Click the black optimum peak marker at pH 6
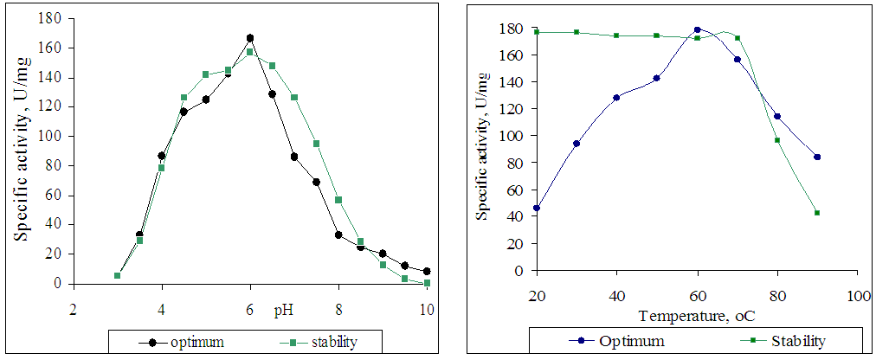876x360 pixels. (250, 38)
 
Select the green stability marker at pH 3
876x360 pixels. (117, 275)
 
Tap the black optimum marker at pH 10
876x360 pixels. (427, 271)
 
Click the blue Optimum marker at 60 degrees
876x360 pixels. (697, 29)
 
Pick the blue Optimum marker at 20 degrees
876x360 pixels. (537, 208)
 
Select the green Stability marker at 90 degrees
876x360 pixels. (816, 213)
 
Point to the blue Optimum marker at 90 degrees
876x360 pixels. (816, 157)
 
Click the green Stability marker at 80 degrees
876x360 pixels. (776, 140)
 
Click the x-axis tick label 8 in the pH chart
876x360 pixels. (338, 308)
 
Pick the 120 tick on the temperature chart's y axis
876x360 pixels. (512, 109)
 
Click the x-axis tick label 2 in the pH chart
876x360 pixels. (74, 308)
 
